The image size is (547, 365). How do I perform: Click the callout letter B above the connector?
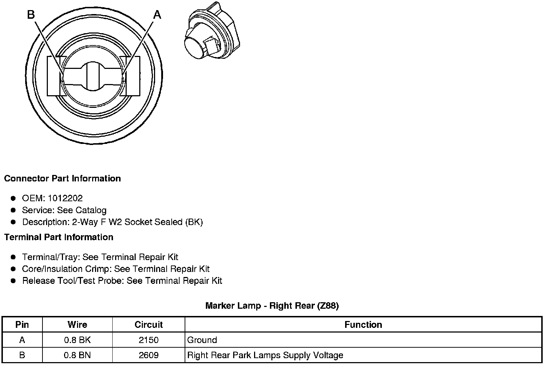[x=31, y=15]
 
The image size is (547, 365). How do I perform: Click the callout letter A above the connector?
[x=157, y=15]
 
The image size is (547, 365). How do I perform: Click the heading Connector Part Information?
[x=62, y=179]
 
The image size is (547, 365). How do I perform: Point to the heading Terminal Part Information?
[x=59, y=237]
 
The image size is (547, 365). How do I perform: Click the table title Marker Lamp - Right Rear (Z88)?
[x=272, y=306]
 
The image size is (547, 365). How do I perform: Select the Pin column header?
[x=22, y=325]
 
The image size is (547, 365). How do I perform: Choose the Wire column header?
[x=77, y=325]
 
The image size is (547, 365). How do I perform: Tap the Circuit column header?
[x=149, y=325]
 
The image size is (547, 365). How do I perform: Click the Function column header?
[x=363, y=325]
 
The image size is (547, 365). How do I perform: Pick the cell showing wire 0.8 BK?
[x=77, y=340]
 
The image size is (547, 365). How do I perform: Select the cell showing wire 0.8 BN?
[x=77, y=355]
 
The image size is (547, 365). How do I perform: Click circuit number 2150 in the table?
[x=149, y=340]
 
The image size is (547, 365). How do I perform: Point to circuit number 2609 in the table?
[x=149, y=355]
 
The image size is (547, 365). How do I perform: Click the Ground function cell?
[x=202, y=340]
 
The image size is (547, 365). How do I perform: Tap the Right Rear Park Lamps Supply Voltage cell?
[x=265, y=355]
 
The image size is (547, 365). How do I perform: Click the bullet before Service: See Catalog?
[x=13, y=210]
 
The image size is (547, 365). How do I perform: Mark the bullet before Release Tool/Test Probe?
[x=13, y=281]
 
